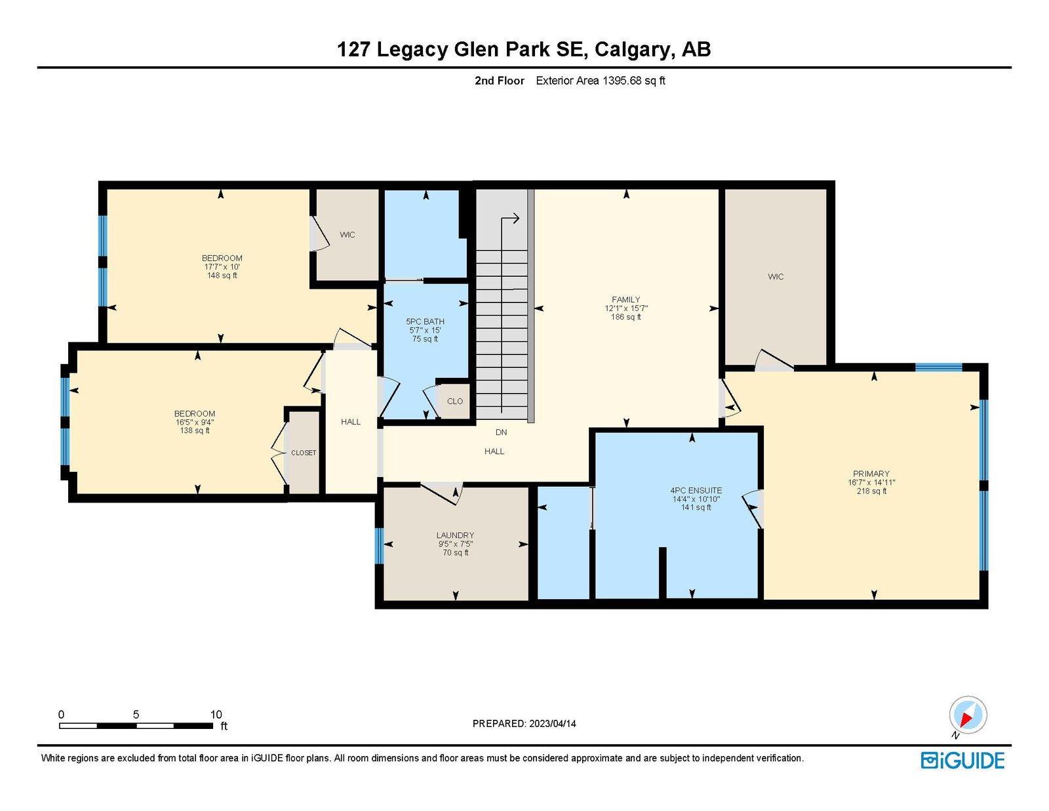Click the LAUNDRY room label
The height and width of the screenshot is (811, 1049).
[455, 535]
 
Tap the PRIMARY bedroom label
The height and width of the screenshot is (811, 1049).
[871, 474]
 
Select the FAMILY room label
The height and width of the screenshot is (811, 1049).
[625, 300]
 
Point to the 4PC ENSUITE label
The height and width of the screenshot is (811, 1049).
[696, 491]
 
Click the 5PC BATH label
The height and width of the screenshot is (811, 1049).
[425, 322]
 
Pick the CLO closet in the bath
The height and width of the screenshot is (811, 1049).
[454, 402]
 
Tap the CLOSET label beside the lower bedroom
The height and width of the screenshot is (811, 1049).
[304, 453]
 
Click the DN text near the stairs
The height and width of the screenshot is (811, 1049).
[501, 432]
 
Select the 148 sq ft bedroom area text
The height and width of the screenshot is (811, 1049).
[222, 276]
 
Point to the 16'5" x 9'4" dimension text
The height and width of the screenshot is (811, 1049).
[195, 423]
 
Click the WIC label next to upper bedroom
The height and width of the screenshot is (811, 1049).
[347, 235]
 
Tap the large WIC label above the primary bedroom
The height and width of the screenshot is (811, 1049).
[776, 277]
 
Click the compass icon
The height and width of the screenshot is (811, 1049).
[968, 715]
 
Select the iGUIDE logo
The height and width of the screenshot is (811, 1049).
[962, 760]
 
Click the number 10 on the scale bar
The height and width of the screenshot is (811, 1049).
[216, 715]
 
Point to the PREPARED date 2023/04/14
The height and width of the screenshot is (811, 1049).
[524, 724]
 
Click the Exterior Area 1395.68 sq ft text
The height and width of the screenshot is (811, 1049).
[600, 81]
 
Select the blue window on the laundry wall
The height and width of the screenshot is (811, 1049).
[378, 546]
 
